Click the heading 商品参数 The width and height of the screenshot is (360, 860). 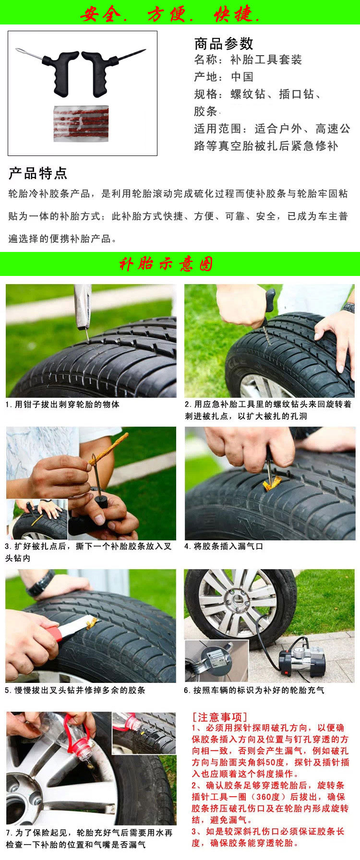click(x=224, y=44)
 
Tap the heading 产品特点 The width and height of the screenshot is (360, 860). click(x=38, y=173)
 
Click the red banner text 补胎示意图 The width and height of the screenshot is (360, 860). click(x=166, y=264)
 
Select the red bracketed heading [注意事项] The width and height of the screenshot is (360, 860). click(x=219, y=717)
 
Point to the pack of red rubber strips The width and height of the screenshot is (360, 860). click(x=81, y=123)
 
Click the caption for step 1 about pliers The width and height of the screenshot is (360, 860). click(x=62, y=405)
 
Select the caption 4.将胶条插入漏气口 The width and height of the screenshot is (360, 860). click(x=224, y=546)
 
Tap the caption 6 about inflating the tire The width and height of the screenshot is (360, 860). click(x=254, y=690)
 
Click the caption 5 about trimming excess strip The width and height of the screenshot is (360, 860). click(x=75, y=690)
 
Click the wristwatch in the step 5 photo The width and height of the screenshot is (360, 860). click(x=41, y=583)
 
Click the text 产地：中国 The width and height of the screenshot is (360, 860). click(x=224, y=77)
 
